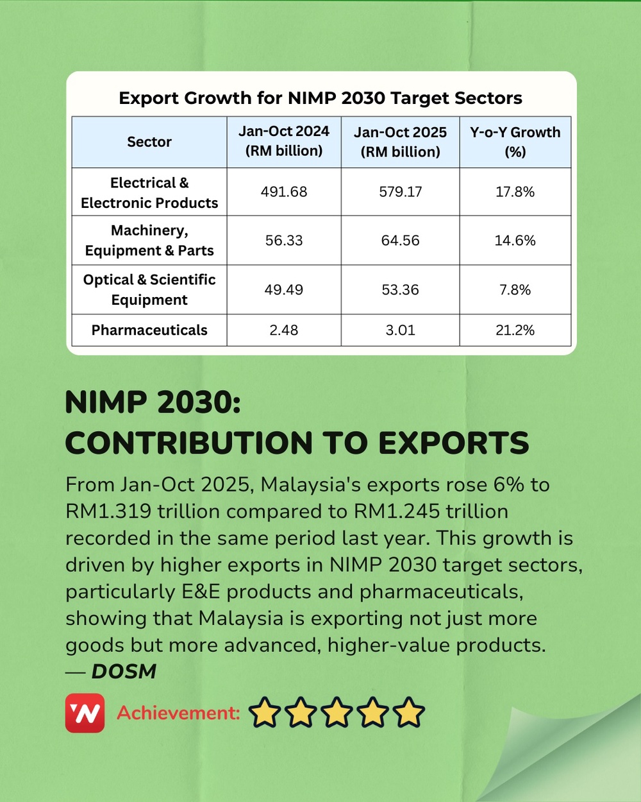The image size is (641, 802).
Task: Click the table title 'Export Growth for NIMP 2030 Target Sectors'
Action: click(x=320, y=98)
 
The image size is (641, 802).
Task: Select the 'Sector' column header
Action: click(x=149, y=142)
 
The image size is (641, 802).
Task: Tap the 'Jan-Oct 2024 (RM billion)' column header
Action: click(x=284, y=141)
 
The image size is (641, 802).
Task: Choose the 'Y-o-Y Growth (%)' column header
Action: click(x=515, y=142)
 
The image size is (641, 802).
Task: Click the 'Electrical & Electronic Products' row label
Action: click(x=149, y=192)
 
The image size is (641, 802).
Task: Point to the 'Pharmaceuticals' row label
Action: click(x=149, y=330)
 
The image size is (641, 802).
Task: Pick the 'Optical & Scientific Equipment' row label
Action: click(x=149, y=289)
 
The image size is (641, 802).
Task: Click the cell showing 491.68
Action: click(x=284, y=192)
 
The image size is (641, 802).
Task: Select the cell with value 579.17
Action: click(x=400, y=192)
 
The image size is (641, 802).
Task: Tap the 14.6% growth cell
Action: click(x=515, y=241)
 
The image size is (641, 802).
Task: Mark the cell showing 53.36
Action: click(x=400, y=290)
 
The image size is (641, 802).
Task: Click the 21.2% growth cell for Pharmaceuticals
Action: click(x=515, y=330)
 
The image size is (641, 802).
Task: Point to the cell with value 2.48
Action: click(x=284, y=330)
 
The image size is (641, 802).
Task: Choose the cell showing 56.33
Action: click(x=284, y=241)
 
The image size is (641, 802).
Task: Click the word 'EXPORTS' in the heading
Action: click(x=453, y=443)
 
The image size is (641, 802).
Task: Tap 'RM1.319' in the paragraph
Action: click(x=108, y=511)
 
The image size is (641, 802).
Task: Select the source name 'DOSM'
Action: click(x=124, y=671)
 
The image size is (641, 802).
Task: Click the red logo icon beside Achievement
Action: click(x=85, y=713)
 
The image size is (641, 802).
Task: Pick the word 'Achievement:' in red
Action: click(x=178, y=713)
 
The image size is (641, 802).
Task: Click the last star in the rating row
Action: click(x=409, y=713)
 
